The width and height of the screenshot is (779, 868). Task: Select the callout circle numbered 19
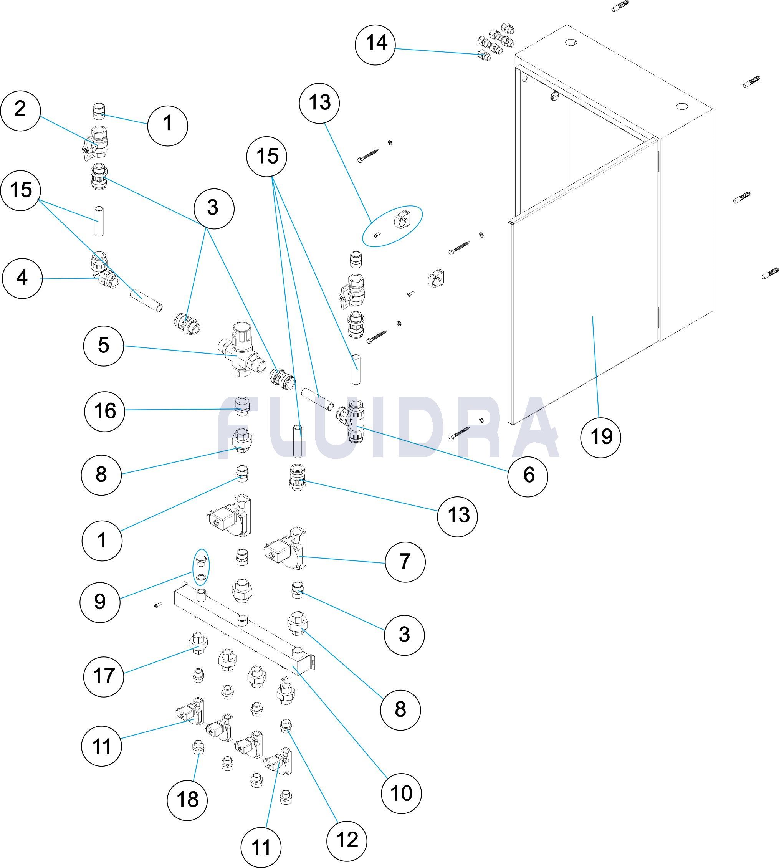(x=601, y=437)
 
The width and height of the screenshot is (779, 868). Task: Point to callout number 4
(x=22, y=278)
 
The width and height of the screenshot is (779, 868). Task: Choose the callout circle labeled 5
(x=104, y=346)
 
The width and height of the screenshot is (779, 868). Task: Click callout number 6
(x=528, y=476)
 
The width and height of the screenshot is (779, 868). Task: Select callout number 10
(x=401, y=793)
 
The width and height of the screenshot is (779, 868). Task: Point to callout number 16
(x=105, y=411)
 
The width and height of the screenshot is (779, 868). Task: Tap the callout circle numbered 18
(x=187, y=799)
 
